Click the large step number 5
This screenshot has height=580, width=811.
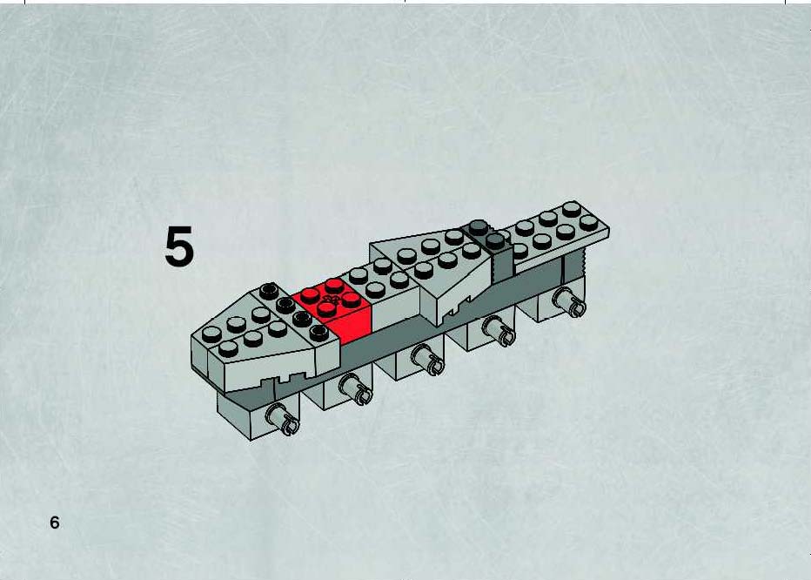click(179, 246)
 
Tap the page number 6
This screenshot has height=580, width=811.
click(54, 523)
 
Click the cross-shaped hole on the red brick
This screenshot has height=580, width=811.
click(330, 299)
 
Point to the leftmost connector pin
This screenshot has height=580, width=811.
click(283, 420)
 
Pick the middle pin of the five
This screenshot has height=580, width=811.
click(427, 360)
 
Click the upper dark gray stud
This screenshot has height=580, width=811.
click(479, 226)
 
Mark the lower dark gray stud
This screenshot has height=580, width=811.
click(495, 240)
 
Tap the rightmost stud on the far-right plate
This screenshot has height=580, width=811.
click(588, 223)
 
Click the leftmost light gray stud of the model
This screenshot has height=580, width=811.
click(211, 334)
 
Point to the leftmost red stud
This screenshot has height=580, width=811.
click(310, 296)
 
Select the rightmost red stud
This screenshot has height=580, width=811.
click(352, 300)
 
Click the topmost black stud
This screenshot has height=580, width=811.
click(269, 291)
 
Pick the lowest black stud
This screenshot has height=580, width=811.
click(319, 333)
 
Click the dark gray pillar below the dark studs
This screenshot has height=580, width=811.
click(503, 264)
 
